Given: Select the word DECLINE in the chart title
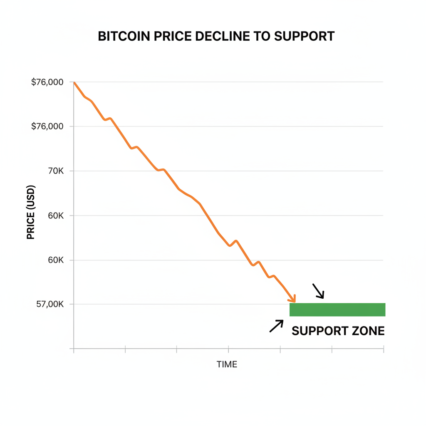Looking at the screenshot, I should point(220,36).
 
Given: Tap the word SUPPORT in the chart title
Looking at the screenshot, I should point(304,36).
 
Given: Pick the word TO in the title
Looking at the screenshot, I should point(263,36).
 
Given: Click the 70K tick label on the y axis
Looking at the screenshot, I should point(55,171).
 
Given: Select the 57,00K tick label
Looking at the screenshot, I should point(50,305).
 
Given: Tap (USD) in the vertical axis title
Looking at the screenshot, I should point(31,198).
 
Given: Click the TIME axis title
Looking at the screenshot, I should point(227,365).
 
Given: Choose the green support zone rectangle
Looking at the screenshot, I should point(337,310).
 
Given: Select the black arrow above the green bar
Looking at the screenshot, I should point(318,291).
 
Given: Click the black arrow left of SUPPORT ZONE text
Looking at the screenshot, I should point(276,326).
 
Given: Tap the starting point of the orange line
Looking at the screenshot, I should point(74,83).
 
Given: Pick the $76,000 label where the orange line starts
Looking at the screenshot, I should point(47,82).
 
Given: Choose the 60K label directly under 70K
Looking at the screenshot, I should point(55,215).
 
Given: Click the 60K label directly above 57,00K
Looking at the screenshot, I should point(55,260).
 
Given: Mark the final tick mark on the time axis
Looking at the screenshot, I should point(383,349).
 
